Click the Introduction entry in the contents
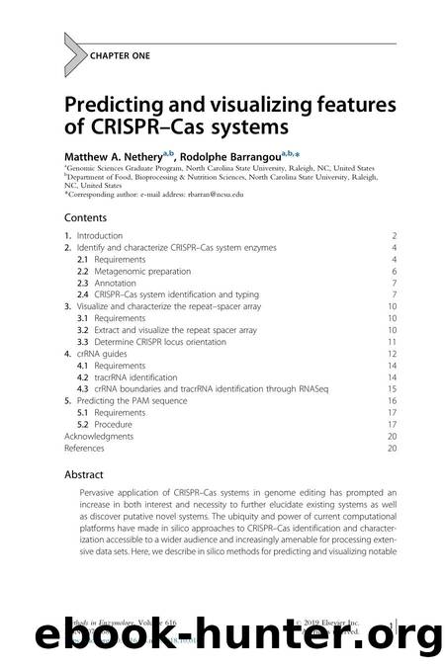[x=100, y=236]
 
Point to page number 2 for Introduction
[x=395, y=236]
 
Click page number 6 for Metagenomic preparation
[x=395, y=271]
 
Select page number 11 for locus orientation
[x=393, y=341]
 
